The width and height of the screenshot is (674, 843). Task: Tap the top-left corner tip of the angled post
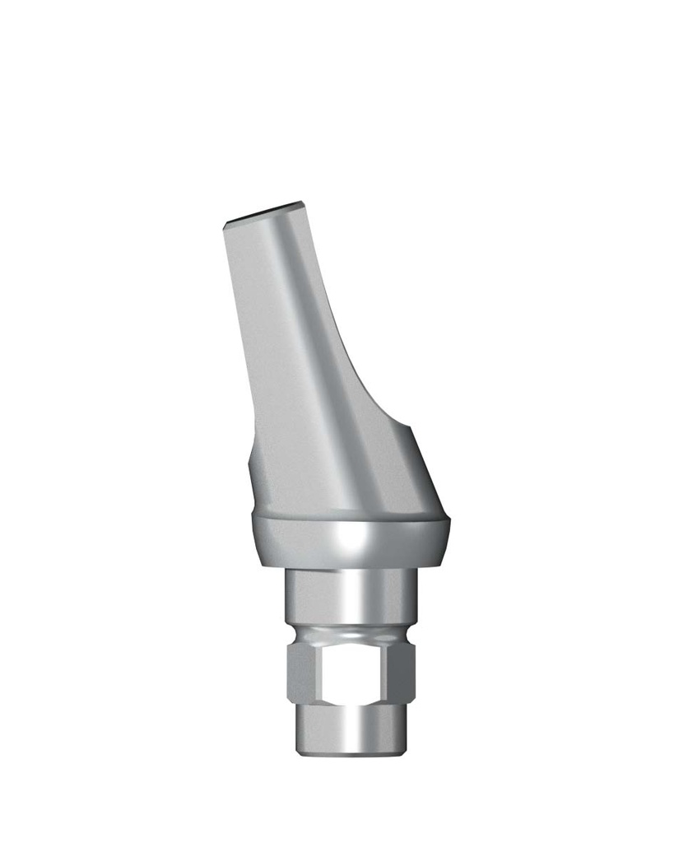tap(225, 222)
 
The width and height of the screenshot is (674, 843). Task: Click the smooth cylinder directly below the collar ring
tap(350, 597)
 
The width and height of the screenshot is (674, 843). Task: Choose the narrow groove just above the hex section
tap(350, 634)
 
